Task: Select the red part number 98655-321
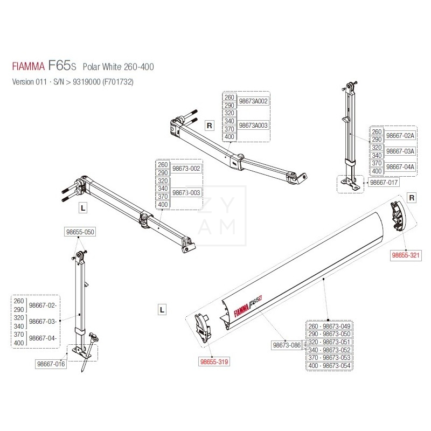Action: click(405, 256)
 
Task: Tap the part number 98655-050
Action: click(80, 233)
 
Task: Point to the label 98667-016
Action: click(51, 364)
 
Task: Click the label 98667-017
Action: click(384, 183)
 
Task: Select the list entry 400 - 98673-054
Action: click(329, 366)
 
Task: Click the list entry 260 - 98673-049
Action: click(329, 326)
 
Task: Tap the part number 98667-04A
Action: click(400, 167)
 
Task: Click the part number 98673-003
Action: click(186, 192)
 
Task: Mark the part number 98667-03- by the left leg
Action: click(43, 321)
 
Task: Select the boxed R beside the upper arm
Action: click(211, 126)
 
